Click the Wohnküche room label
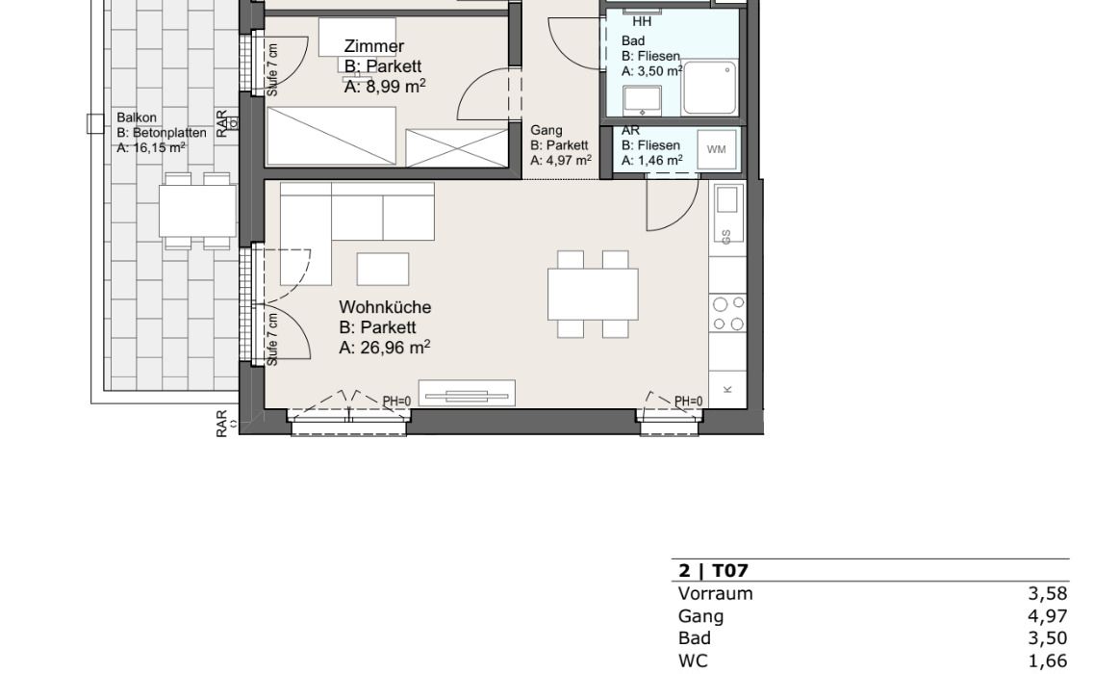pos(385,307)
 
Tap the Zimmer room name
pos(374,46)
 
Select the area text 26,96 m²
pos(394,348)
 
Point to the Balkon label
pos(137,117)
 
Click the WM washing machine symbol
pos(716,149)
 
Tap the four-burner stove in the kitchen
pos(727,314)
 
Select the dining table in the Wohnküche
pos(593,295)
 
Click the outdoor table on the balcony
pos(197,211)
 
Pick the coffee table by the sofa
pos(383,270)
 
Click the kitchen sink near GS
pos(727,199)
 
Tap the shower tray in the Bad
pos(710,88)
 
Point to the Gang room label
pos(546,131)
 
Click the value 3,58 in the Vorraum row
pos(1047,594)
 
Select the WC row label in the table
pos(693,661)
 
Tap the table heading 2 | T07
pos(713,571)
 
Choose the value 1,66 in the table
pos(1047,661)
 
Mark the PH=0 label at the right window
pos(689,402)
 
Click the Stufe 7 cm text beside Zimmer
pos(272,69)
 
